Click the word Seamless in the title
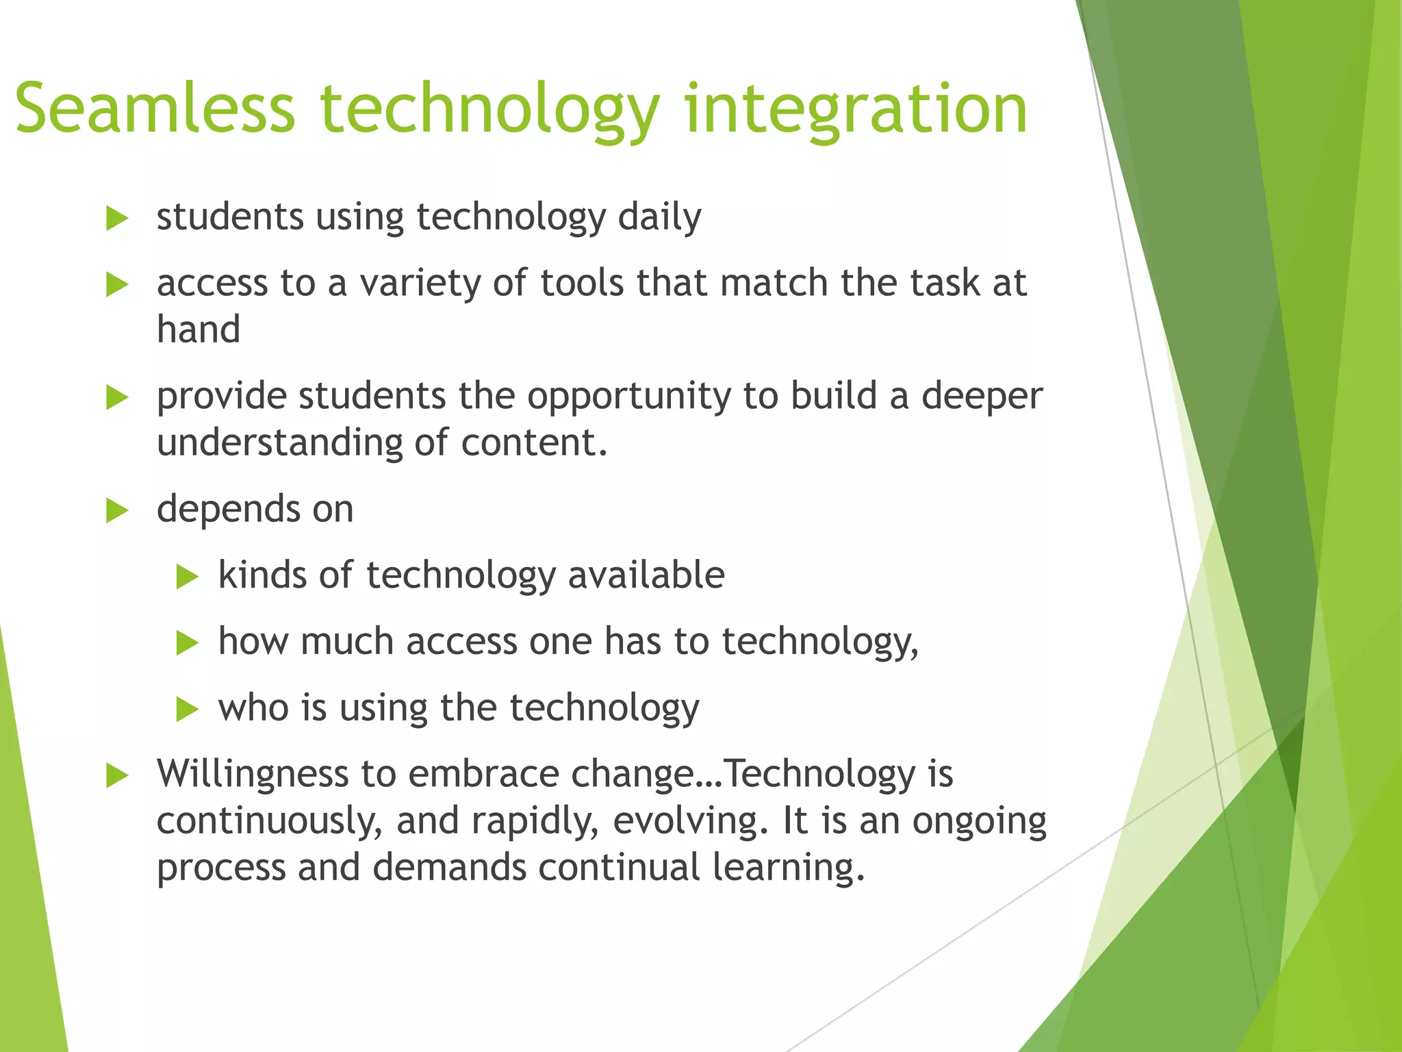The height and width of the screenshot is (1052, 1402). point(155,110)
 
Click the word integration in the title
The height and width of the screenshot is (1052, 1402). point(856,110)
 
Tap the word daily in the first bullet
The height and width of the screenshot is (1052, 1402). point(659,218)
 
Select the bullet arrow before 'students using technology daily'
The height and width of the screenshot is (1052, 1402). point(117,219)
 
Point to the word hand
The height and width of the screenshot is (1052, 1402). point(199,330)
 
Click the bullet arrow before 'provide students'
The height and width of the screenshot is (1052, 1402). point(117,398)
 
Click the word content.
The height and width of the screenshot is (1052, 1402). point(533,443)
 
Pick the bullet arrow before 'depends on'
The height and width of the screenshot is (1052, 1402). point(117,511)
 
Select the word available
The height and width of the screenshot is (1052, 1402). point(646,575)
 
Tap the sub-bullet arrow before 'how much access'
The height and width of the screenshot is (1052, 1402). point(186,643)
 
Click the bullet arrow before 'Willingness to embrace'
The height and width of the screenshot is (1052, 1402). point(117,777)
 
